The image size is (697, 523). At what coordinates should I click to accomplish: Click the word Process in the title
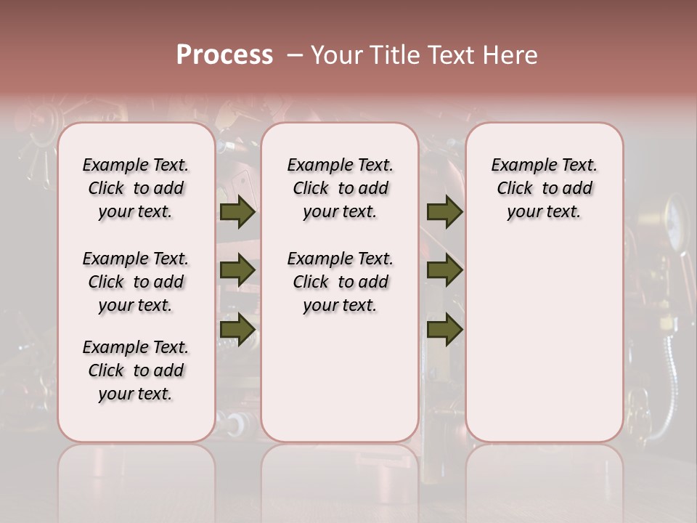tap(224, 55)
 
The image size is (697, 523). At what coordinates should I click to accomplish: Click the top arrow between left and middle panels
tap(237, 212)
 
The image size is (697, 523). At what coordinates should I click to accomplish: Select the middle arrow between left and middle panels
tap(237, 271)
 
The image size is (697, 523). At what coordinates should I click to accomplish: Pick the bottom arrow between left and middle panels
tap(237, 330)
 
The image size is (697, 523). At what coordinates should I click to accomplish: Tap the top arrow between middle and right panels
tap(444, 212)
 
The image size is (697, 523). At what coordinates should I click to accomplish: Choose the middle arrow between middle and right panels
tap(444, 271)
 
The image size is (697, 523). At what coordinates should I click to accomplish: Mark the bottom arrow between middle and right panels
tap(444, 330)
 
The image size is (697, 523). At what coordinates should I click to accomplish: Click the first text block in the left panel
tap(136, 188)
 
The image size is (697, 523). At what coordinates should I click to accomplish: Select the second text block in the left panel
tap(136, 282)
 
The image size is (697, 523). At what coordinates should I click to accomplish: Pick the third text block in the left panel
tap(136, 370)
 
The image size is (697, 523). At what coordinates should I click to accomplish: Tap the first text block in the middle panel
tap(340, 188)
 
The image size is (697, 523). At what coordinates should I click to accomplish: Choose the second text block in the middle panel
tap(340, 282)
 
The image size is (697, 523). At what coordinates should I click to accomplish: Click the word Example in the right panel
tap(518, 166)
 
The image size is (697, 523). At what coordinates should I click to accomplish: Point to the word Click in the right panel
tap(515, 189)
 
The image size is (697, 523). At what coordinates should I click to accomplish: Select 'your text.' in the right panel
tap(544, 212)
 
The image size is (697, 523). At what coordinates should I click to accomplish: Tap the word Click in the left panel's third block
tap(106, 370)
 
